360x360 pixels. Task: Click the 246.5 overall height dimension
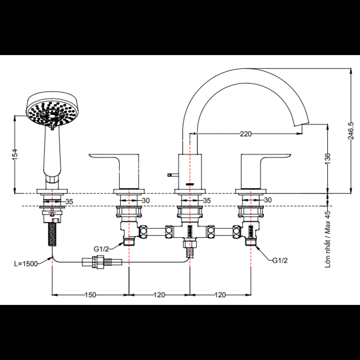coord(351,131)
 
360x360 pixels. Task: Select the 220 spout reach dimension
coord(246,134)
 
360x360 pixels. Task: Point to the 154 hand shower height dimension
coord(15,154)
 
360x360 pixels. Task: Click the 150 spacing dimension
coord(90,295)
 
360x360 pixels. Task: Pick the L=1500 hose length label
coord(26,264)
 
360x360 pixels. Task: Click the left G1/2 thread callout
coord(101,249)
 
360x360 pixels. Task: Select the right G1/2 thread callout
coord(280,260)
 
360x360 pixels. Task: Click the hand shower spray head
coord(51,109)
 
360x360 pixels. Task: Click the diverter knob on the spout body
coord(173,175)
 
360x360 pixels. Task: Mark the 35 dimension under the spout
coord(207,201)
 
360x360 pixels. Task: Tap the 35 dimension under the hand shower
coord(69,202)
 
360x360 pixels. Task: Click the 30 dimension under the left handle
coord(145,201)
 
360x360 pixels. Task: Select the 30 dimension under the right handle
coord(267,200)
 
